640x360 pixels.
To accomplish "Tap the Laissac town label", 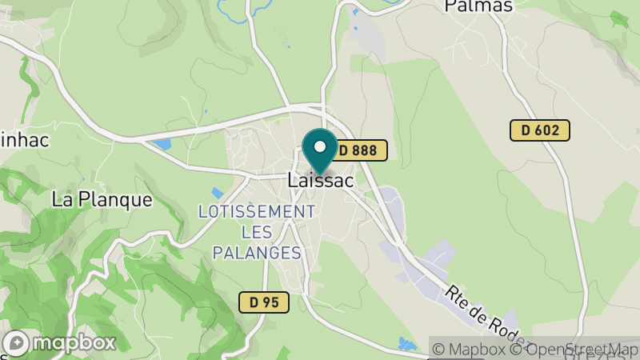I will click(320, 181).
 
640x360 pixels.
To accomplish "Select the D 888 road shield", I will click(360, 150).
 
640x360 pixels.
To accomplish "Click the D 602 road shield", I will click(540, 130).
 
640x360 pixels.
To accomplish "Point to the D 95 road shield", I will click(264, 302).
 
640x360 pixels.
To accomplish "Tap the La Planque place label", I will click(102, 199).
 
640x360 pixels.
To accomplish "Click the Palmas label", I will click(478, 6).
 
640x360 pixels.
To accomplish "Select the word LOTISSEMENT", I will click(257, 212).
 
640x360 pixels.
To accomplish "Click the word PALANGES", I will click(257, 253).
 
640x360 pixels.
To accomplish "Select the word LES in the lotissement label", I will click(257, 232).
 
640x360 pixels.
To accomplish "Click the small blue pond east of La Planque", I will click(217, 193).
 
